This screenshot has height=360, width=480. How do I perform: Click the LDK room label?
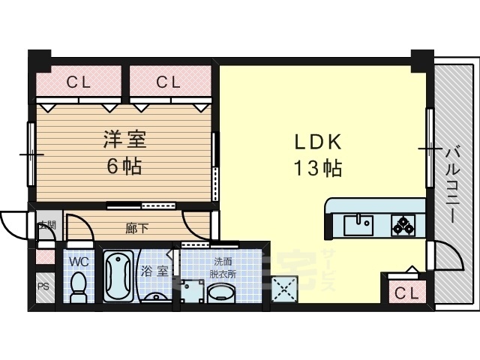(317, 142)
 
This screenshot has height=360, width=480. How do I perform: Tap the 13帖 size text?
(317, 169)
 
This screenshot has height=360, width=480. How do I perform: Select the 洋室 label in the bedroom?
(124, 139)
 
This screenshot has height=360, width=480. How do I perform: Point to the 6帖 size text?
(124, 166)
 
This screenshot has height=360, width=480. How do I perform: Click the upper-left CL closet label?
(78, 82)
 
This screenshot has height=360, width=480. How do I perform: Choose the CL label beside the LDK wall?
(169, 82)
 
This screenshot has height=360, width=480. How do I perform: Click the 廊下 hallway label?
(135, 225)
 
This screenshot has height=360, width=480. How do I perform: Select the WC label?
(79, 262)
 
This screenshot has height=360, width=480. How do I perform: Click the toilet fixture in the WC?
(78, 286)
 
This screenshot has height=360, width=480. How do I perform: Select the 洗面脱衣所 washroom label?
(223, 267)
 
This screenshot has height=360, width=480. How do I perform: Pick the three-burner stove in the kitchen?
(402, 223)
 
